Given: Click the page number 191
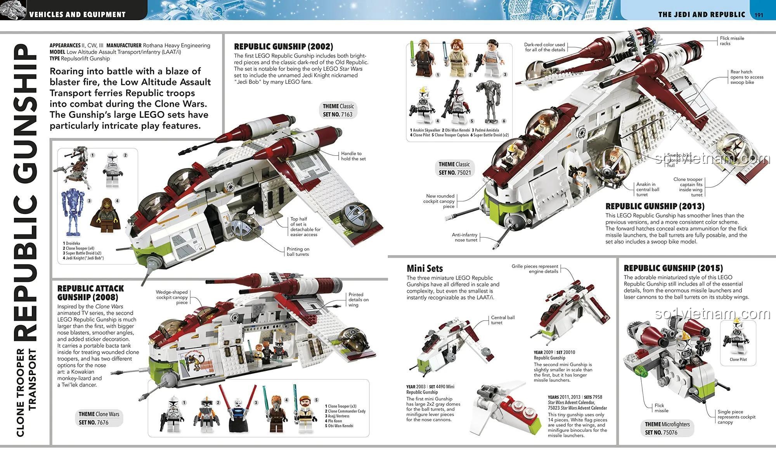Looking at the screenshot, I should click(x=759, y=15).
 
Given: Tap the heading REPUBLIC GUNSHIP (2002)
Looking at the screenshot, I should click(x=283, y=47).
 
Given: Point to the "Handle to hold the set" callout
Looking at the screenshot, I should click(x=353, y=156).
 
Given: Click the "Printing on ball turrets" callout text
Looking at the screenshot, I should click(x=298, y=252).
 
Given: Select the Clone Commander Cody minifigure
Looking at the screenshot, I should click(x=206, y=415).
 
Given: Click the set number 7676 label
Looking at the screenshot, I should click(x=94, y=422).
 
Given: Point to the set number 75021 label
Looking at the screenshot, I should click(x=455, y=172).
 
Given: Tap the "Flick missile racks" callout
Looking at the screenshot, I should click(x=732, y=41).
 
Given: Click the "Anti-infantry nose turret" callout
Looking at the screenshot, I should click(x=464, y=237).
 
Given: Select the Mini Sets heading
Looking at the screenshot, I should click(x=424, y=268).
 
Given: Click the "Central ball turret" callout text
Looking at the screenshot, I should click(x=502, y=320).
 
